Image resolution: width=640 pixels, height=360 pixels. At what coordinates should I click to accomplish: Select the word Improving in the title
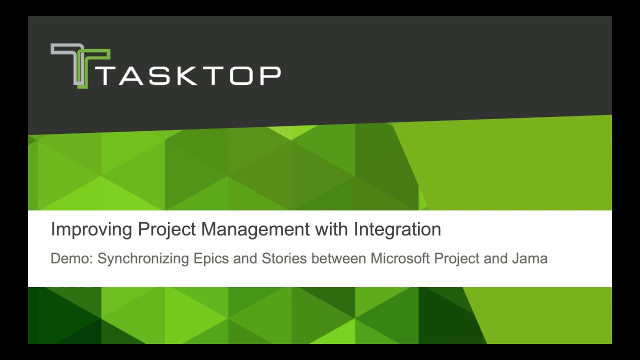(x=91, y=229)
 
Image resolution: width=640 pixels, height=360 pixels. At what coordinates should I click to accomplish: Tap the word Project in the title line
(x=167, y=229)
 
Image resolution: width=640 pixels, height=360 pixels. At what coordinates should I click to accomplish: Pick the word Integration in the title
(x=397, y=229)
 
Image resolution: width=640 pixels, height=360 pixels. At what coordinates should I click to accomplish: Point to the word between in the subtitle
(x=339, y=258)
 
